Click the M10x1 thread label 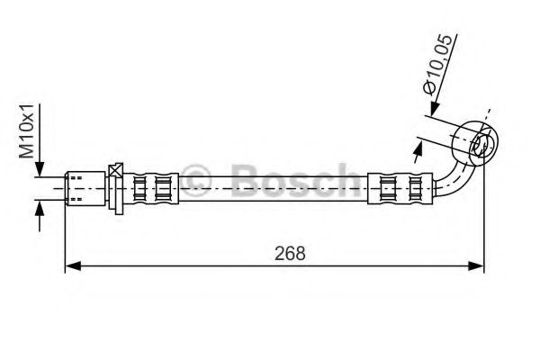(27, 130)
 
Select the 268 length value (291, 253)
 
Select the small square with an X (115, 171)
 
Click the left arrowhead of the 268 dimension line (71, 266)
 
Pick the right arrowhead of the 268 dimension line (479, 266)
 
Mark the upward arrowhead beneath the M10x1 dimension (39, 208)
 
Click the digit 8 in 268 (301, 253)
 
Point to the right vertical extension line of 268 (484, 225)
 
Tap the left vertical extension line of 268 (66, 234)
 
